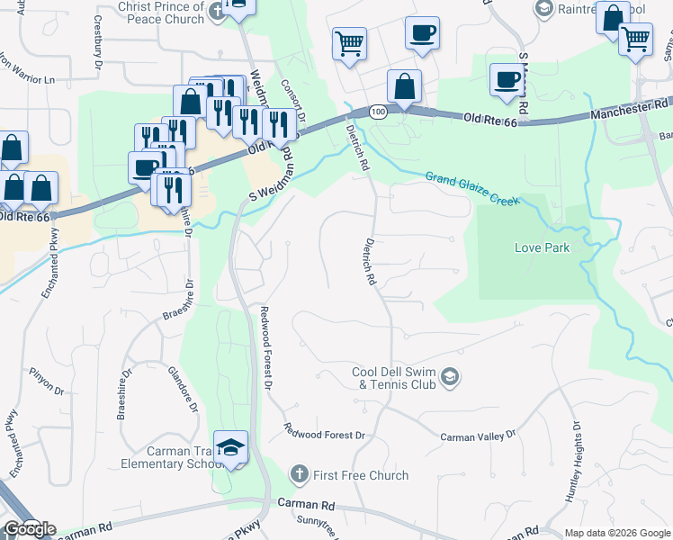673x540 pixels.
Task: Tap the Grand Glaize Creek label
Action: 471,189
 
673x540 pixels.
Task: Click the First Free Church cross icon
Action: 299,474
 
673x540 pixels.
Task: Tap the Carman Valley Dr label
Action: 478,436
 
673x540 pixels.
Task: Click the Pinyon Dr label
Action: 47,391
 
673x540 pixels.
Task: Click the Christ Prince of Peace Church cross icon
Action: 216,12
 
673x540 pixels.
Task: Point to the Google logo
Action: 30,529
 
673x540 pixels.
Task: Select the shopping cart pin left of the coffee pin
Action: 348,41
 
